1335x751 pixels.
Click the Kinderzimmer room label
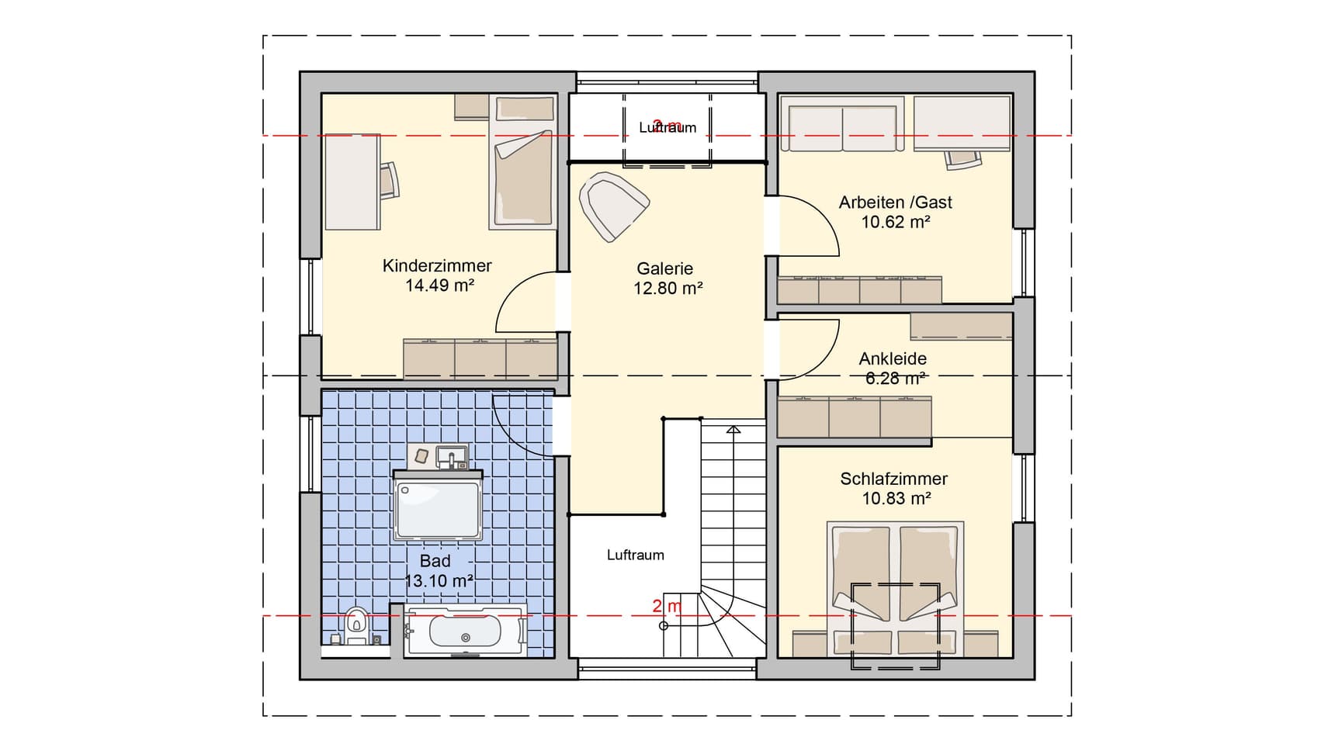pyautogui.click(x=437, y=266)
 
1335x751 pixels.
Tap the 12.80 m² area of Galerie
pyautogui.click(x=667, y=289)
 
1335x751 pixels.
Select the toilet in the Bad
pyautogui.click(x=356, y=624)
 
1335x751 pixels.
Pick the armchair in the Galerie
pyautogui.click(x=612, y=206)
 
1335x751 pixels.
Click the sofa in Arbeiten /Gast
pyautogui.click(x=842, y=119)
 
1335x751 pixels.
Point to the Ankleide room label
pyautogui.click(x=893, y=359)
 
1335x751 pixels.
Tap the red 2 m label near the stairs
pyautogui.click(x=667, y=606)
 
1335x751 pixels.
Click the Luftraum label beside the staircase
pyautogui.click(x=635, y=555)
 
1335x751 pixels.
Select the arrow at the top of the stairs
pyautogui.click(x=733, y=428)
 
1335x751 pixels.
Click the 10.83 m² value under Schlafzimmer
pyautogui.click(x=896, y=499)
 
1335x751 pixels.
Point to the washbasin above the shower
pyautogui.click(x=451, y=457)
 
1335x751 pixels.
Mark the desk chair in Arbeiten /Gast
pyautogui.click(x=962, y=159)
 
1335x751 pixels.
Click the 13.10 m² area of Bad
pyautogui.click(x=439, y=581)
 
